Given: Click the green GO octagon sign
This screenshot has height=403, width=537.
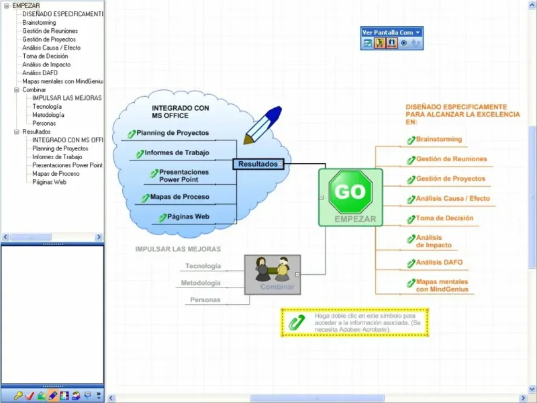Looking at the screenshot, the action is point(350,192).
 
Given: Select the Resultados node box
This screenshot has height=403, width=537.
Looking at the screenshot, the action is point(258,164).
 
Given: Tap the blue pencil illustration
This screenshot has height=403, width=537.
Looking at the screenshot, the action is point(262,125).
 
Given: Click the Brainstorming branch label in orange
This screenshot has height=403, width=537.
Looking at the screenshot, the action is point(439,139).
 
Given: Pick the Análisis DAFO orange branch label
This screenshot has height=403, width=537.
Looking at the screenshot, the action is point(439,262).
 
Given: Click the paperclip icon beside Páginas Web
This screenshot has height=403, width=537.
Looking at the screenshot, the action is point(162,218).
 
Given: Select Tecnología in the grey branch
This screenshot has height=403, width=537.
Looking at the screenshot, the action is point(203,266).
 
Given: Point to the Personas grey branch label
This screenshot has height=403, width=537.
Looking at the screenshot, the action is point(205,300).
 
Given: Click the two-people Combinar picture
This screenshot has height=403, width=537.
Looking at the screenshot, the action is point(273,270).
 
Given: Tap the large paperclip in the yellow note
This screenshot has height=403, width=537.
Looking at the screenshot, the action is point(297,322).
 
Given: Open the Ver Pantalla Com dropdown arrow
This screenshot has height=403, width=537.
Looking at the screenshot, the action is point(418,32).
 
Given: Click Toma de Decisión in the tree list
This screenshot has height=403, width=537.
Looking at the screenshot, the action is point(45,56).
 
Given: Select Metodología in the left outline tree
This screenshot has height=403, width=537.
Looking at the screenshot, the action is point(48,115).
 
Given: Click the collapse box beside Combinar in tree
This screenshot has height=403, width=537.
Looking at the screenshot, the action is point(16,90).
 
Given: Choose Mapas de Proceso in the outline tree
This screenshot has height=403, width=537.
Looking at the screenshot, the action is point(56,174).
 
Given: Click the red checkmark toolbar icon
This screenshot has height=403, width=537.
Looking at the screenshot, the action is point(30,396).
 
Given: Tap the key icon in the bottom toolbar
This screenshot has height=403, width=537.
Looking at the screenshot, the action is point(18,396).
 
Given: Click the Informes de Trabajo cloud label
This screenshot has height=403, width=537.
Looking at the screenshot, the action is point(177,152).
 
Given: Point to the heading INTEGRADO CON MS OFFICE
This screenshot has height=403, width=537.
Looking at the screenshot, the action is point(180,111).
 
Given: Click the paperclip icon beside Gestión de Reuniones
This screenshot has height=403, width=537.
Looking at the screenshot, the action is point(411,160).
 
